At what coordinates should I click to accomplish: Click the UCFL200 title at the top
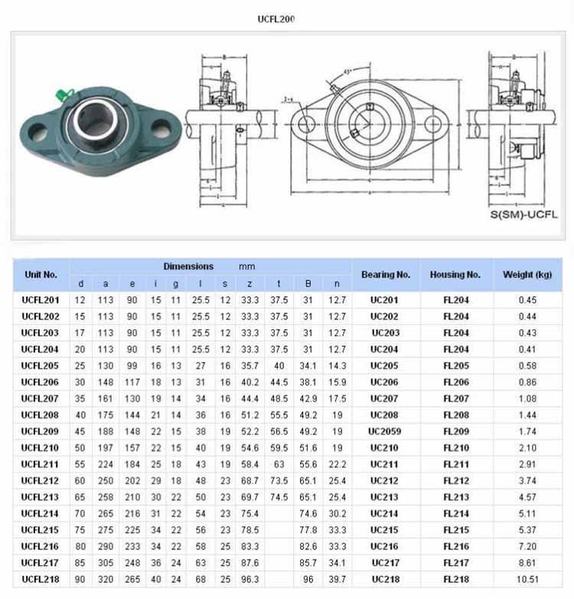[276, 18]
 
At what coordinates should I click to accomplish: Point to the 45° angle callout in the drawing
[347, 72]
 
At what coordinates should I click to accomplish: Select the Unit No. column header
[41, 274]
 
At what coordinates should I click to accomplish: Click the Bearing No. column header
[386, 274]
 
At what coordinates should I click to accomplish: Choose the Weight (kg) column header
[527, 274]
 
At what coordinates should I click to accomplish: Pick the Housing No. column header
[455, 274]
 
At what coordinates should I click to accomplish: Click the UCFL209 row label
[41, 431]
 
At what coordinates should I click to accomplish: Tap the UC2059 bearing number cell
[384, 431]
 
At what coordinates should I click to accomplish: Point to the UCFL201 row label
[41, 299]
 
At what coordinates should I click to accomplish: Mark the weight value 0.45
[528, 299]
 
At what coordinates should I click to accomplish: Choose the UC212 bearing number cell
[384, 481]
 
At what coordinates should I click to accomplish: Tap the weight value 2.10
[528, 448]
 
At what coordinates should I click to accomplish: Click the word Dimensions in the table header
[188, 267]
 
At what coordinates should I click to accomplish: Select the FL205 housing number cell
[456, 365]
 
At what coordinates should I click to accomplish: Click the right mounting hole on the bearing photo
[161, 127]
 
